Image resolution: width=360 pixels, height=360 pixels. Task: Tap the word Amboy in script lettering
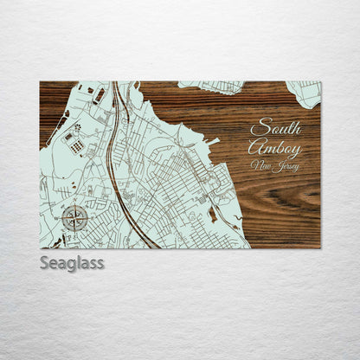point(274,147)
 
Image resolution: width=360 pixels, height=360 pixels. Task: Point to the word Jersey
point(285,166)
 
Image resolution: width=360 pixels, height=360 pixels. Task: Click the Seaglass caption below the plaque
point(72,262)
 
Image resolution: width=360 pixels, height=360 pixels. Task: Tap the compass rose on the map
point(74,216)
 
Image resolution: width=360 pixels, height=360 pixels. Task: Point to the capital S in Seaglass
point(45,262)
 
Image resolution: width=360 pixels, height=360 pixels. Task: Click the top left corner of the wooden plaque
point(40,82)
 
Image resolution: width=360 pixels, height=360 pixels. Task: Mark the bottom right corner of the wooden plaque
point(320,248)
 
